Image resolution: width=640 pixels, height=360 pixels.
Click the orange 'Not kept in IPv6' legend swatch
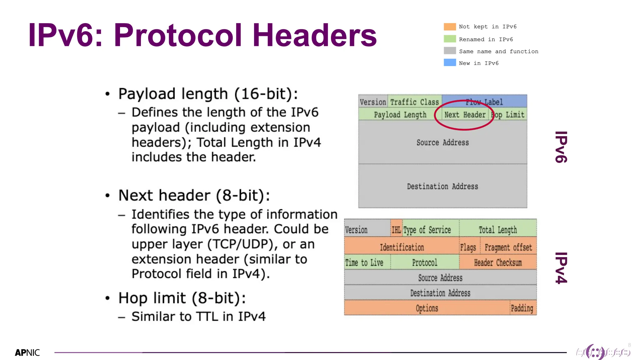click(x=450, y=27)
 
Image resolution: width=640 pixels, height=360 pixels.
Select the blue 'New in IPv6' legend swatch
click(x=450, y=63)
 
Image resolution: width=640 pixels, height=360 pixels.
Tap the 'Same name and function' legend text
click(x=498, y=51)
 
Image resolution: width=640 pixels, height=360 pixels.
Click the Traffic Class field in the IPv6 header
click(x=414, y=102)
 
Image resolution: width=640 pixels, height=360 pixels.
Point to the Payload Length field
click(x=400, y=115)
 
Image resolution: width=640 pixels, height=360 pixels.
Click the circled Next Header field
click(x=465, y=115)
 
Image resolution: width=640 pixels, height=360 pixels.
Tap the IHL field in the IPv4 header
click(x=396, y=230)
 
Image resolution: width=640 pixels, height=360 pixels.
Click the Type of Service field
click(x=427, y=230)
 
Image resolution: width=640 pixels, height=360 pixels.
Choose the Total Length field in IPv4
click(x=497, y=230)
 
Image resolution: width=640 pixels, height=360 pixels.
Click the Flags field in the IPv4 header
click(x=468, y=247)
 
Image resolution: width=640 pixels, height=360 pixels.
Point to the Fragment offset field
click(x=508, y=247)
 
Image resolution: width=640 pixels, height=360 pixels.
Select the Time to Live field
click(x=364, y=262)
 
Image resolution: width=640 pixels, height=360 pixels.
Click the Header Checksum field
click(x=497, y=262)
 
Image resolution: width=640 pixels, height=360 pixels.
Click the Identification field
click(x=402, y=247)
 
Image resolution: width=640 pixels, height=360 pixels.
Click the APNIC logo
click(x=27, y=353)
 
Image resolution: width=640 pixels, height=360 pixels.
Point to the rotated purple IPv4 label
click(x=561, y=268)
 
